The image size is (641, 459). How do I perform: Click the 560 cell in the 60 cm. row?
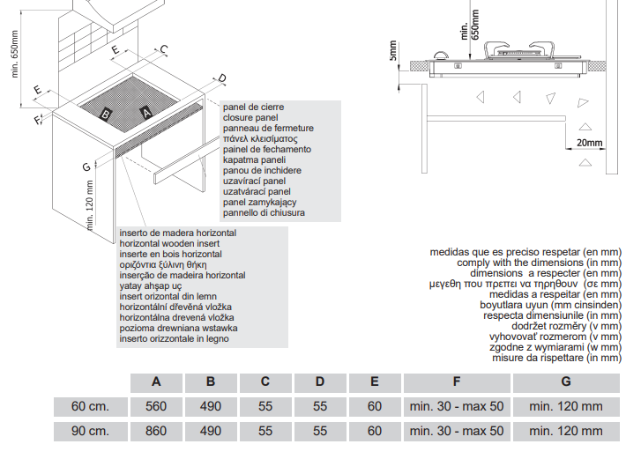click(x=156, y=406)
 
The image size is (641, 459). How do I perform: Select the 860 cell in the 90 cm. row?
click(x=156, y=431)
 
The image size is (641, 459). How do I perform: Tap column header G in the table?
click(x=565, y=381)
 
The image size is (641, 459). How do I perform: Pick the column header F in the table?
click(x=456, y=381)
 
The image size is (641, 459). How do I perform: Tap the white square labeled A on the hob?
click(x=146, y=112)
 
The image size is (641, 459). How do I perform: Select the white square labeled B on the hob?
click(x=106, y=114)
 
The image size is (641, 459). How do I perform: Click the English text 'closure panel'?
click(x=250, y=117)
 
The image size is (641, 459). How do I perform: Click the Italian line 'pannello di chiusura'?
click(x=265, y=212)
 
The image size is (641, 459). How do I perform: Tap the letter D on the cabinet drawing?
click(x=221, y=78)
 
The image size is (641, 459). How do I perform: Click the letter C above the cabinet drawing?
click(x=163, y=49)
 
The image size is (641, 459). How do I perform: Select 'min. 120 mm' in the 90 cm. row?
click(x=565, y=431)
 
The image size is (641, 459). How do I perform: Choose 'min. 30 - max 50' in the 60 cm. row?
click(x=456, y=406)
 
